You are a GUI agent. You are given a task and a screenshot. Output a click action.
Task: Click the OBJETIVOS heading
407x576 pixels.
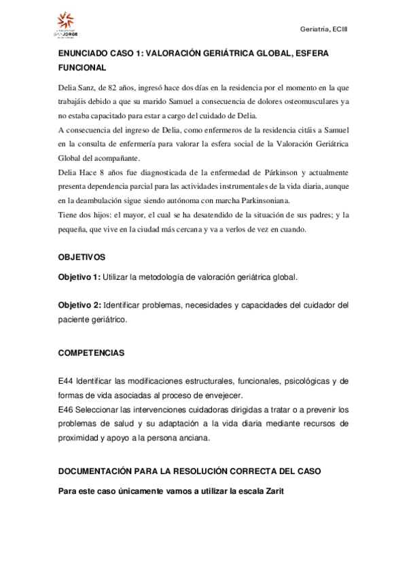click(x=82, y=259)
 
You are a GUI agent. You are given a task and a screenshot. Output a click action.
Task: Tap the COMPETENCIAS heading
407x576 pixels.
click(x=90, y=354)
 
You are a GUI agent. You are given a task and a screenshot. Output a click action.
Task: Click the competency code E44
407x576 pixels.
click(x=65, y=382)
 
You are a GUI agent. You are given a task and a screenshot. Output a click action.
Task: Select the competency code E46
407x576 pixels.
click(x=65, y=410)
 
